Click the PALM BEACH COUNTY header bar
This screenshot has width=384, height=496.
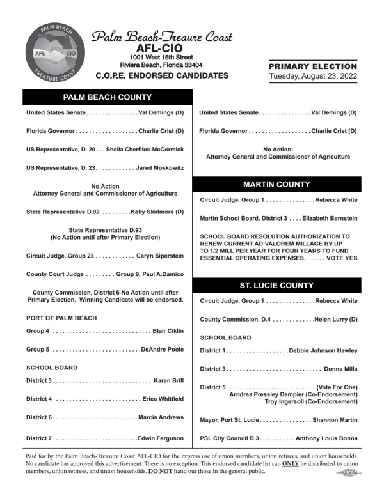[107, 97]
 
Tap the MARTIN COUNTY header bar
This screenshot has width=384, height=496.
[276, 185]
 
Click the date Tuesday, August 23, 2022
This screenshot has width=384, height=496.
[313, 77]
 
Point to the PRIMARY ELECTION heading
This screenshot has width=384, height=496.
[313, 66]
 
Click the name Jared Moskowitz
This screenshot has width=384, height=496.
[161, 167]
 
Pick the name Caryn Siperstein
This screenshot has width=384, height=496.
[161, 256]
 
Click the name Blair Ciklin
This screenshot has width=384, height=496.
[168, 331]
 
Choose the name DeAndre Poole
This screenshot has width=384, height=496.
[163, 350]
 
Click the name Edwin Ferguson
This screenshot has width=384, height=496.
[161, 438]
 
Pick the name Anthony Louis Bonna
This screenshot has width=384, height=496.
[326, 438]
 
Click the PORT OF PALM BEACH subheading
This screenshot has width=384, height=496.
[61, 318]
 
